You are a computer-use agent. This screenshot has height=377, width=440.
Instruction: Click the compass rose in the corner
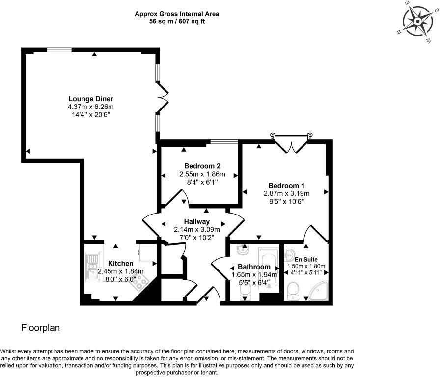(x=419, y=21)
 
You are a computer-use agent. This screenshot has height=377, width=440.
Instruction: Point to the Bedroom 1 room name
(x=286, y=185)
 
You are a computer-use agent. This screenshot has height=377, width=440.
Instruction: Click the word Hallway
(x=196, y=221)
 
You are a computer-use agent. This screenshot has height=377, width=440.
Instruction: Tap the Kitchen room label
(x=121, y=263)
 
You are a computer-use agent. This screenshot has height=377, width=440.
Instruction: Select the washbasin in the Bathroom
(x=242, y=251)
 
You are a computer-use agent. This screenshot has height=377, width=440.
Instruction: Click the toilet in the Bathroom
(x=246, y=293)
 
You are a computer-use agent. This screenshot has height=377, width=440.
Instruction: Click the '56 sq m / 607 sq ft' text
(x=177, y=22)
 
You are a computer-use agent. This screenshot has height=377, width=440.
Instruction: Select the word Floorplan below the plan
(x=40, y=328)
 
